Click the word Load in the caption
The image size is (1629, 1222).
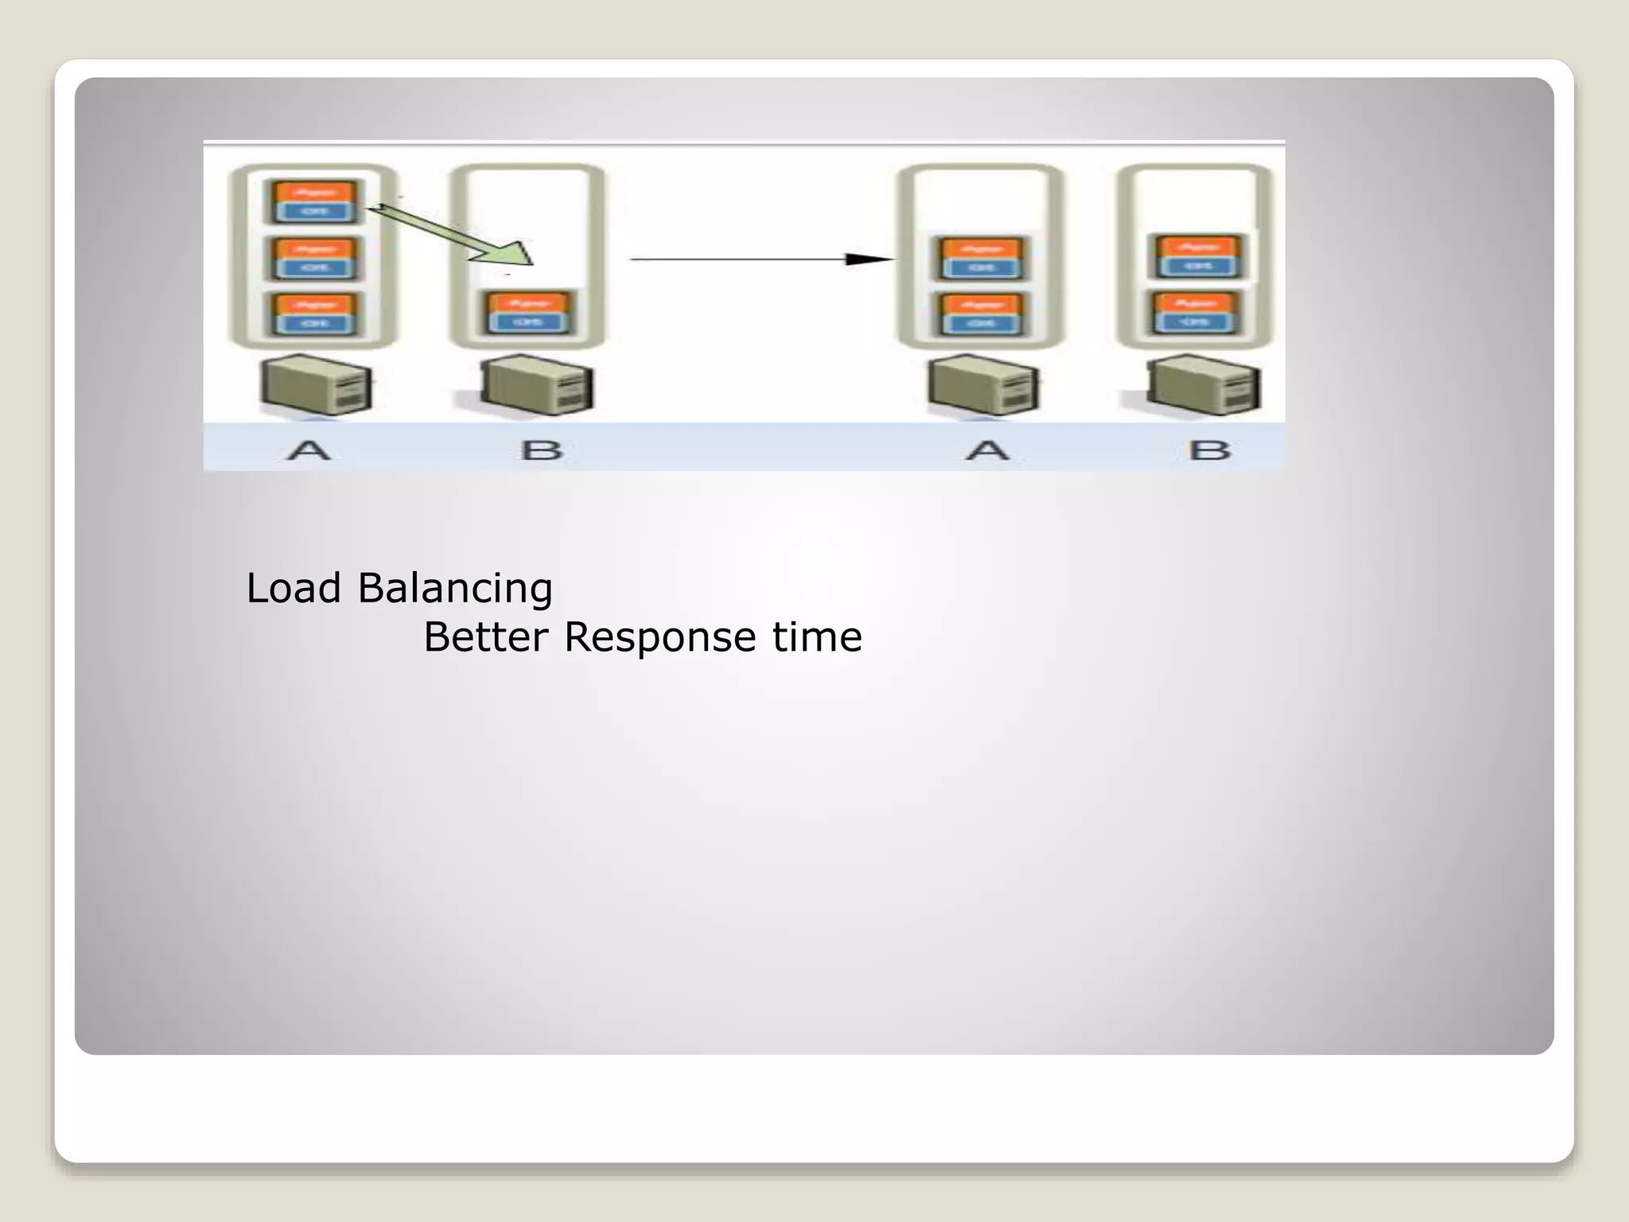(x=293, y=589)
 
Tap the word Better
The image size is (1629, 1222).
(x=485, y=637)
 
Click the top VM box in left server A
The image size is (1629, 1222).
(x=314, y=202)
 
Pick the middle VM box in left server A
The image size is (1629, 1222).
(x=314, y=258)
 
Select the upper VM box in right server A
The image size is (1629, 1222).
(x=982, y=258)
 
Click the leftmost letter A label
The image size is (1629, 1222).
(x=309, y=450)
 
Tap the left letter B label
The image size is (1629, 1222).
(x=542, y=450)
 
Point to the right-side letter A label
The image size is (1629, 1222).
(x=987, y=450)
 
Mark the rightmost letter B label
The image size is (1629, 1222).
(x=1210, y=450)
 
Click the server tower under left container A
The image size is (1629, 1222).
(x=317, y=386)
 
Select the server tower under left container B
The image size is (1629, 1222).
(x=538, y=386)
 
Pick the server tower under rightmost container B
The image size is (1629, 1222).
(x=1203, y=386)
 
